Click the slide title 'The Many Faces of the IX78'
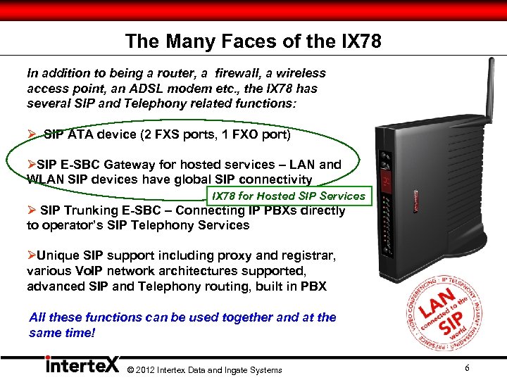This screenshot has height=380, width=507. (x=253, y=42)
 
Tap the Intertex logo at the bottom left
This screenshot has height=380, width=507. (x=81, y=366)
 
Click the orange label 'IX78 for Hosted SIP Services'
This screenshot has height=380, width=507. (x=289, y=196)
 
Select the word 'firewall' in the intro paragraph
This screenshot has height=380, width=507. (x=218, y=73)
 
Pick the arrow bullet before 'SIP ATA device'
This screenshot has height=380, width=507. (x=32, y=133)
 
